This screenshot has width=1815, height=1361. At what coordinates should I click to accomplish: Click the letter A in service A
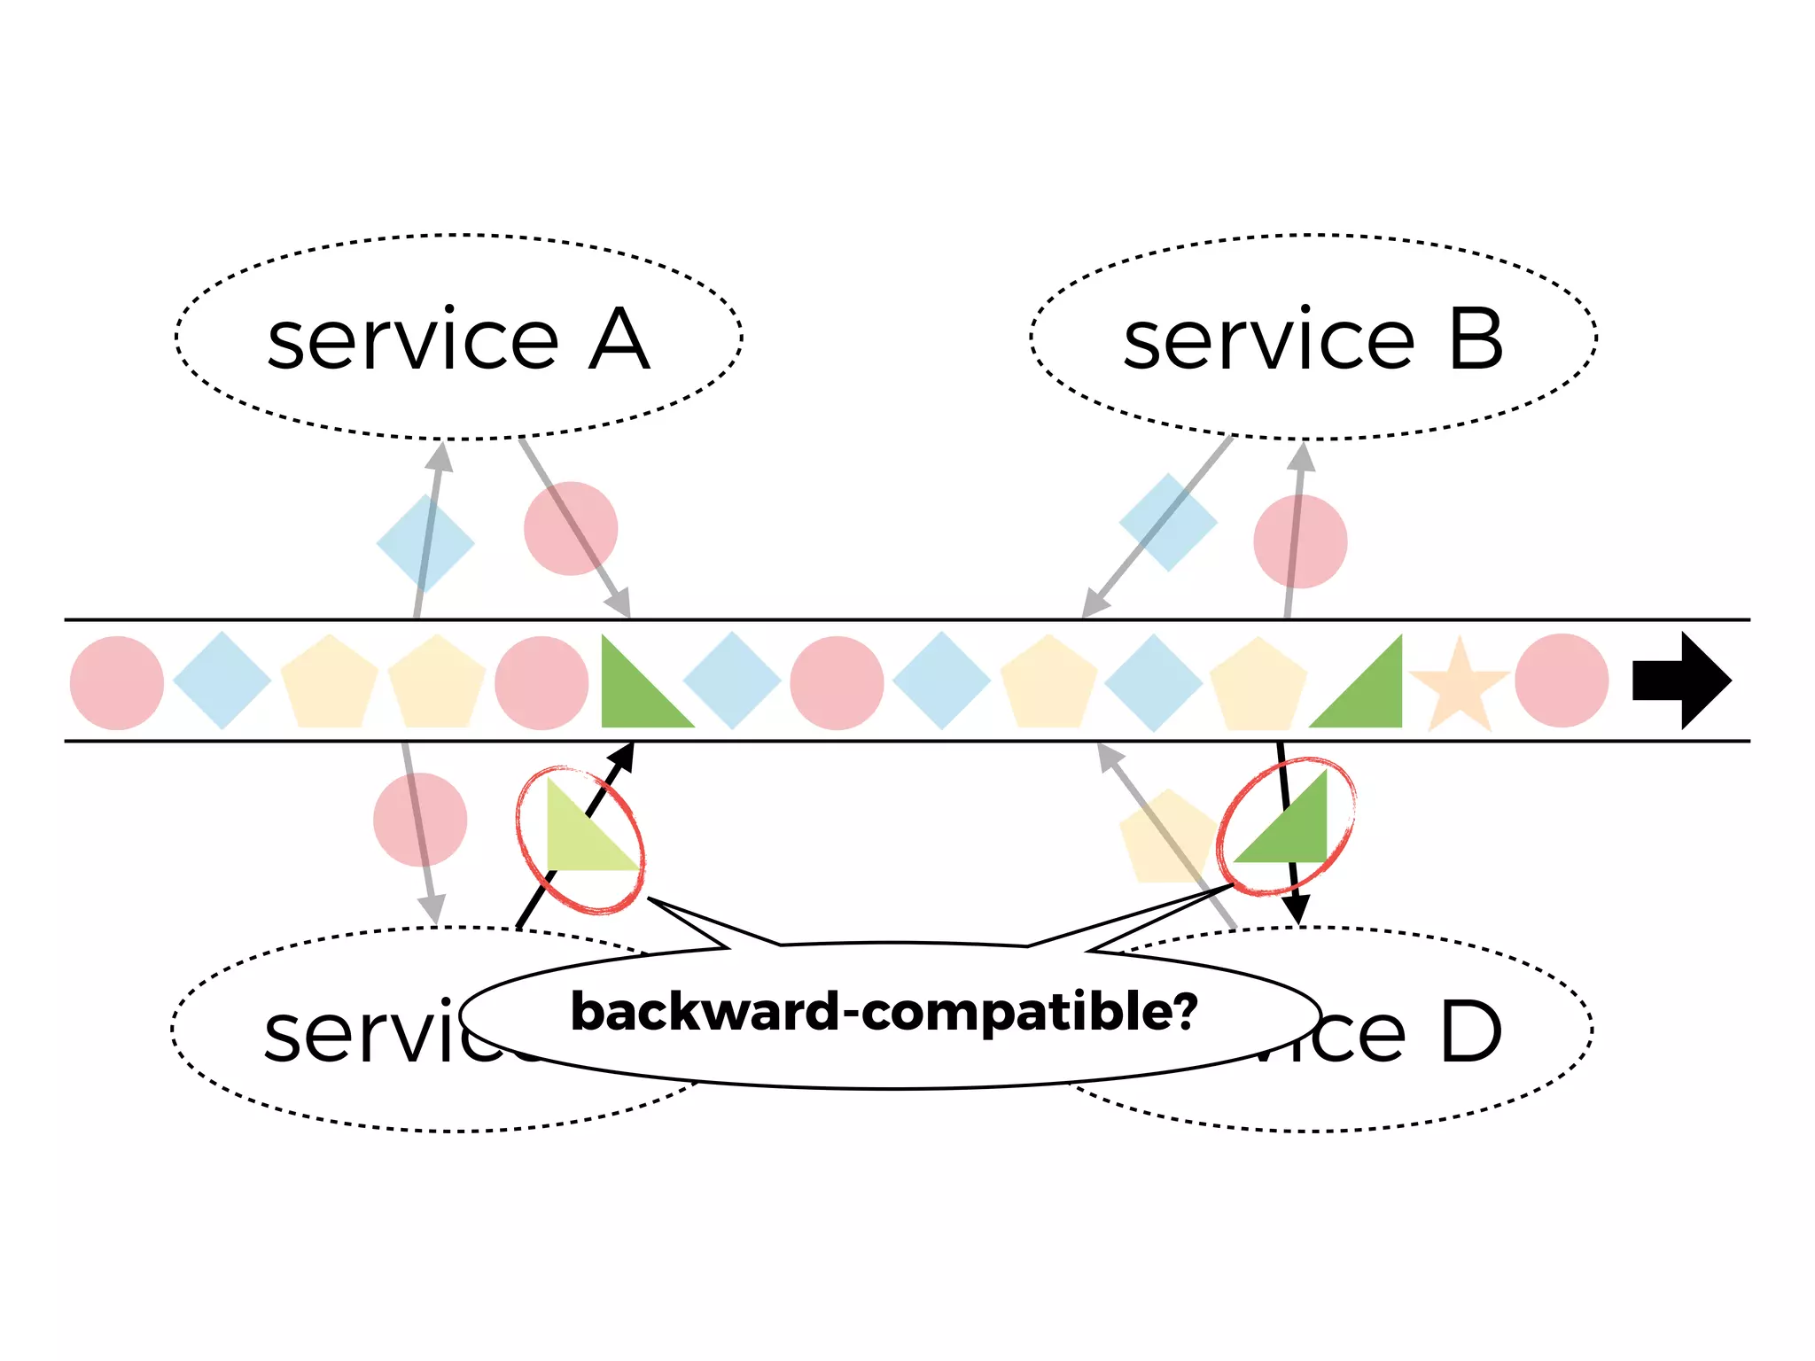[x=619, y=340]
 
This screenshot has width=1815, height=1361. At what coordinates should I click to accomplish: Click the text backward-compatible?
[x=884, y=1012]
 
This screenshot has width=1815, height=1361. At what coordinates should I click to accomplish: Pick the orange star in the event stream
[x=1459, y=685]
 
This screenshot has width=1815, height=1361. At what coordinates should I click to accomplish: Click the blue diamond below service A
[x=425, y=543]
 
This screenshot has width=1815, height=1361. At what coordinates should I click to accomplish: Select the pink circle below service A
[x=571, y=528]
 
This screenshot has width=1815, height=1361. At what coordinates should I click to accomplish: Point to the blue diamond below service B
[x=1168, y=522]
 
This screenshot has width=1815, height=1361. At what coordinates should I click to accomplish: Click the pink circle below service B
[x=1300, y=541]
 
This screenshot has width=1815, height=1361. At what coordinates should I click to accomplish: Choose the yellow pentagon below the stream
[x=1166, y=838]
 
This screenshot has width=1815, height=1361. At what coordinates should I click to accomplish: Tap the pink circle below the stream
[x=420, y=819]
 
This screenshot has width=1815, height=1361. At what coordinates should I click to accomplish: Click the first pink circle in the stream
[x=117, y=683]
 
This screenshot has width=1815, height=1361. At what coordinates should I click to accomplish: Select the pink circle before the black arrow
[x=1562, y=680]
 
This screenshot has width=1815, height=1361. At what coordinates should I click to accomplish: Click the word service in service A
[x=413, y=340]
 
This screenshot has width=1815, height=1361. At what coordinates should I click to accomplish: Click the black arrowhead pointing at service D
[x=1297, y=909]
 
